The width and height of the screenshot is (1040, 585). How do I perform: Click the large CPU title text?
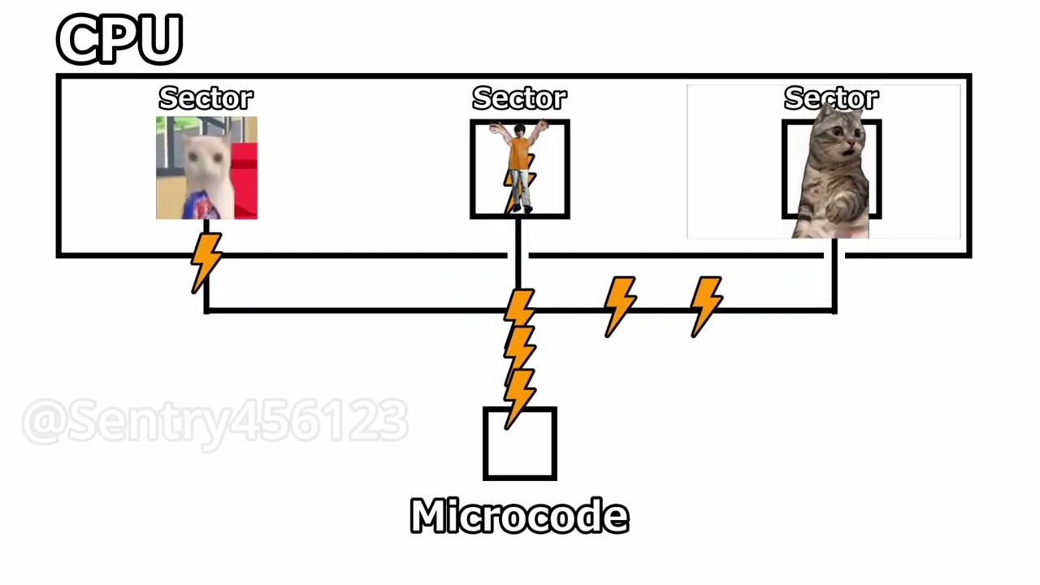(119, 39)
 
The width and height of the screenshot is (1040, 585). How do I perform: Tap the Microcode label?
(519, 517)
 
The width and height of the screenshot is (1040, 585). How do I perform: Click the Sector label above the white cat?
(206, 98)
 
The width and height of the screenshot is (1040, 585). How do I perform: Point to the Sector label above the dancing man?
(519, 98)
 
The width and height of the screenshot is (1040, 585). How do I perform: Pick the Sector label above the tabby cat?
(831, 98)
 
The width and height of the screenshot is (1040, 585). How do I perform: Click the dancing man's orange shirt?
(519, 153)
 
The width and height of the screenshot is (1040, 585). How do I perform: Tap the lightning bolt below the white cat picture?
(206, 261)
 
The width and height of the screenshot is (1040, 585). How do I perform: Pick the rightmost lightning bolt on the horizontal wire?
(706, 305)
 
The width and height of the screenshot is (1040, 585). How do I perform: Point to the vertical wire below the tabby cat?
(834, 276)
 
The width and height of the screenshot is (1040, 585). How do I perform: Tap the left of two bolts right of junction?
(620, 305)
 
